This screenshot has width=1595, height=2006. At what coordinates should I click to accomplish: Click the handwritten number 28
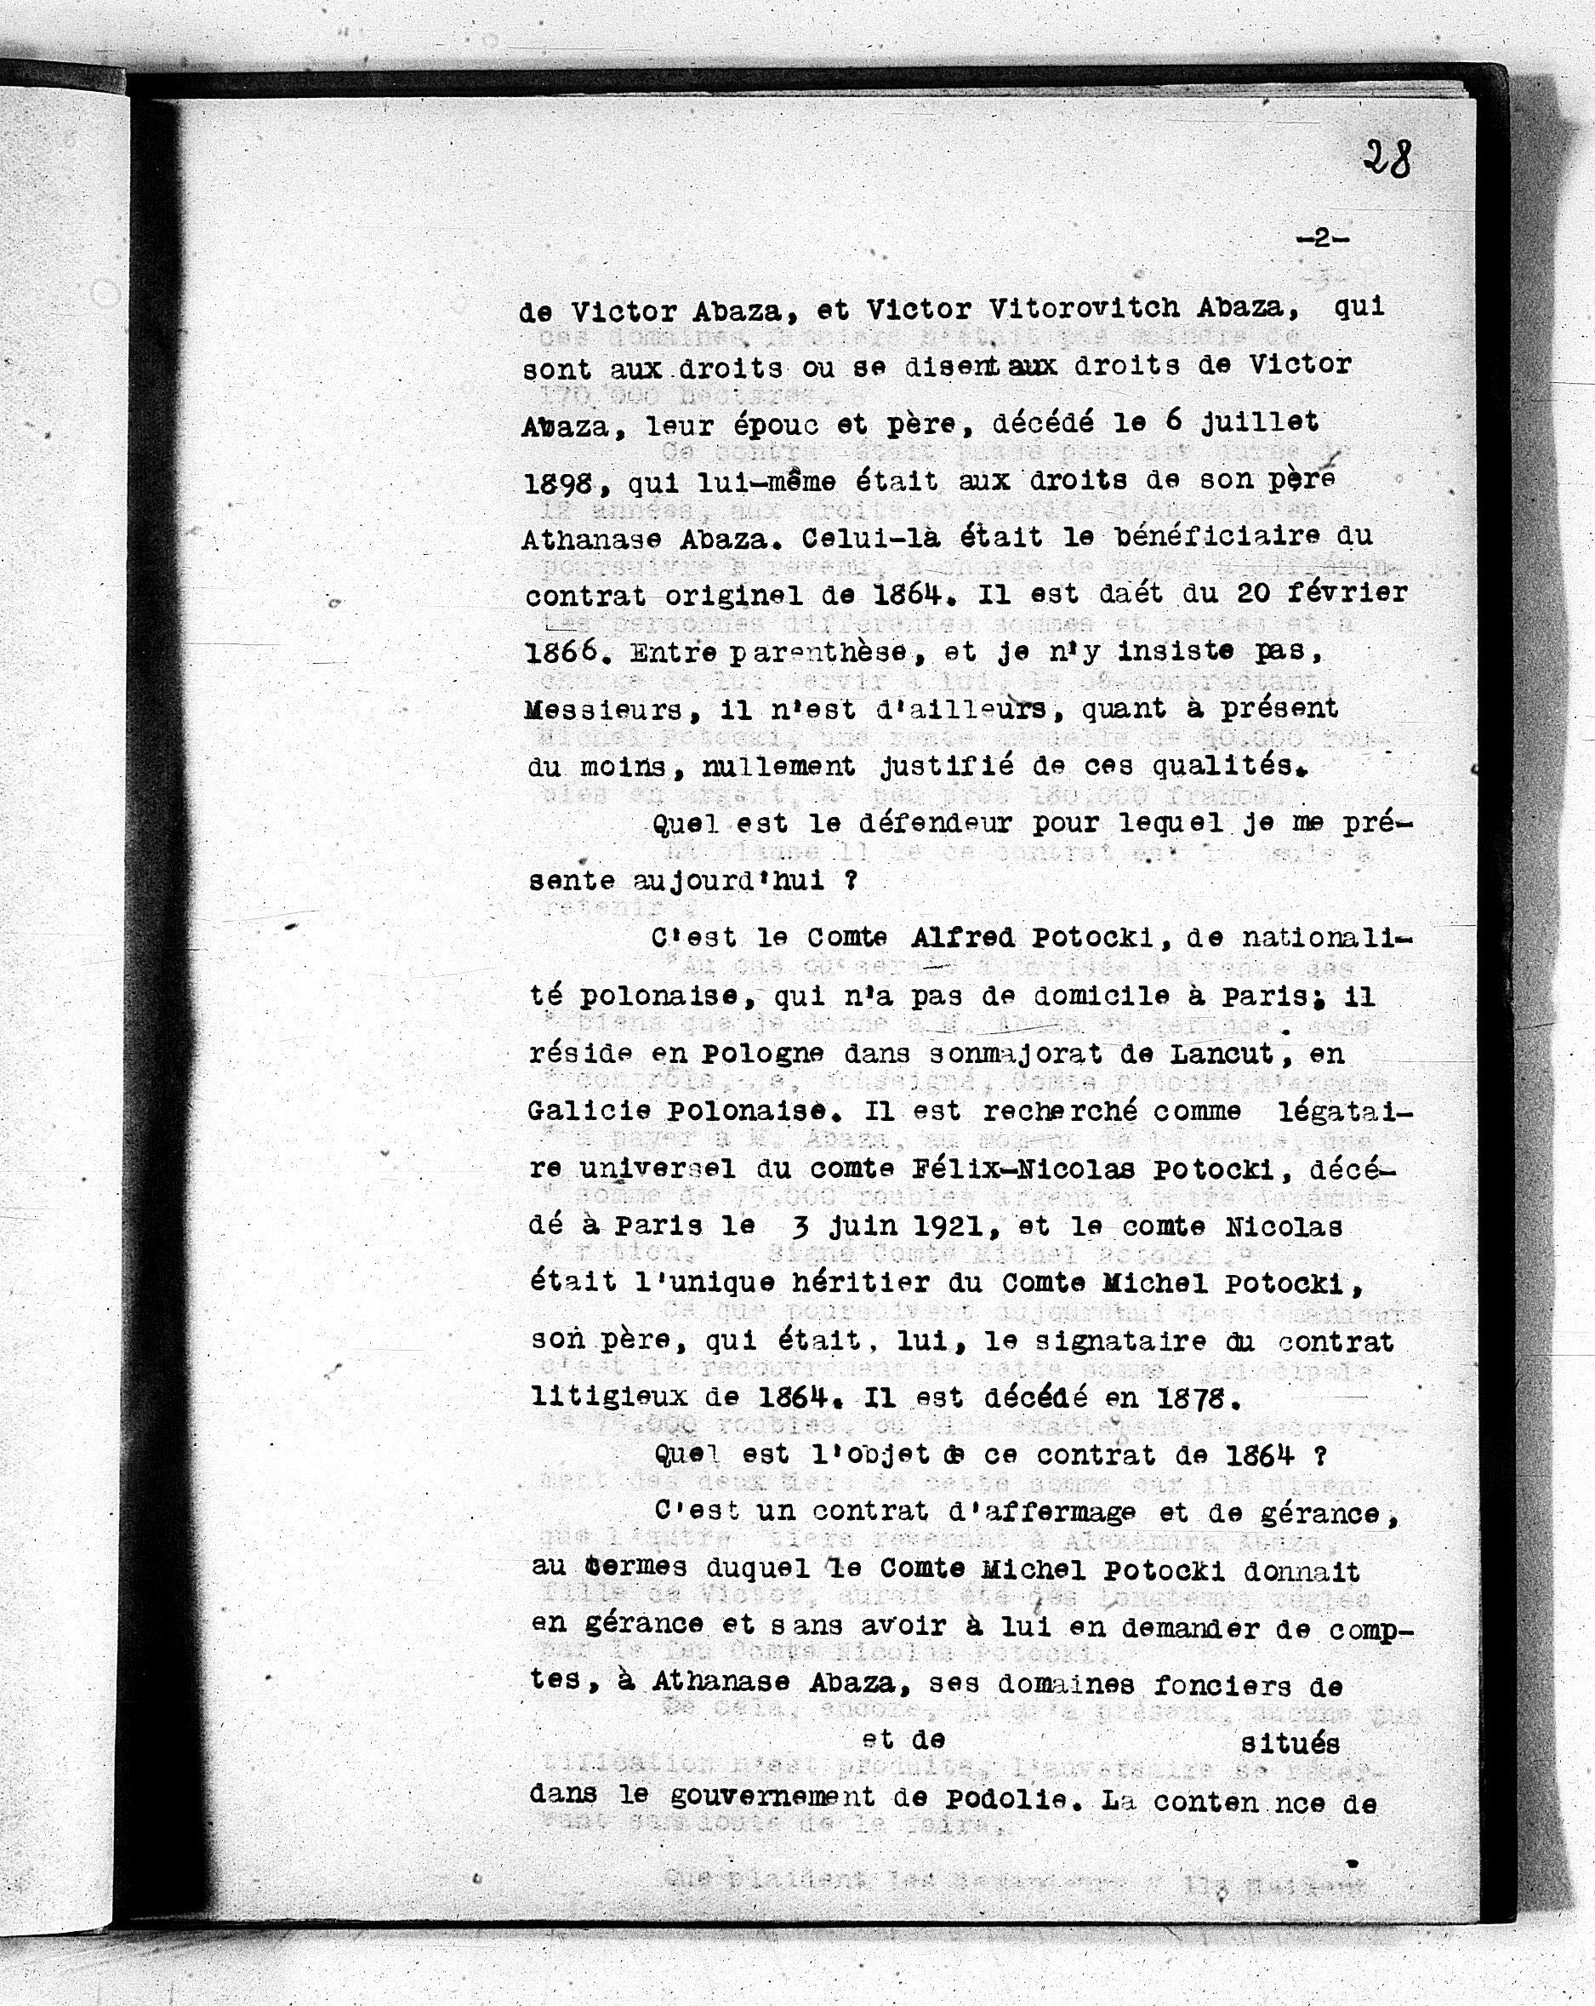1387,159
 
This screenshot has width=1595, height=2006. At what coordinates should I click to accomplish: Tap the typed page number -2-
1320,239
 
